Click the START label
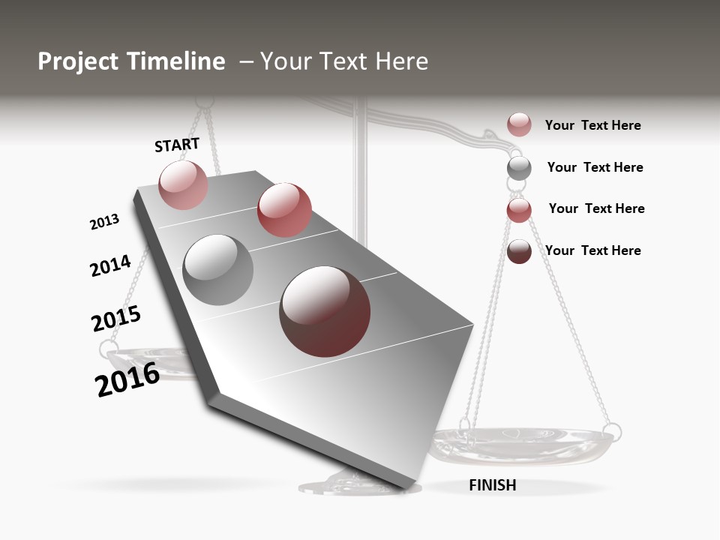point(177,145)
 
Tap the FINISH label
point(492,485)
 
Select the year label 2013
point(104,222)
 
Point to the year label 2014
point(110,265)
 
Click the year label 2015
point(116,319)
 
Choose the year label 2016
point(127,379)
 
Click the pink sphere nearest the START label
point(183,184)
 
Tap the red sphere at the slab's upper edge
point(284,210)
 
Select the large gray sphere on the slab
point(218,270)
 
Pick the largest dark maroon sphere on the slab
point(325,311)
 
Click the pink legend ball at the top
point(519,124)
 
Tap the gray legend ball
point(519,167)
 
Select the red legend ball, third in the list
point(519,210)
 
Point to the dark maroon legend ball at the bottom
point(519,251)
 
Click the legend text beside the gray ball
point(595,167)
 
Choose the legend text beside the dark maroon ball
point(592,250)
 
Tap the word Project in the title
point(78,61)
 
